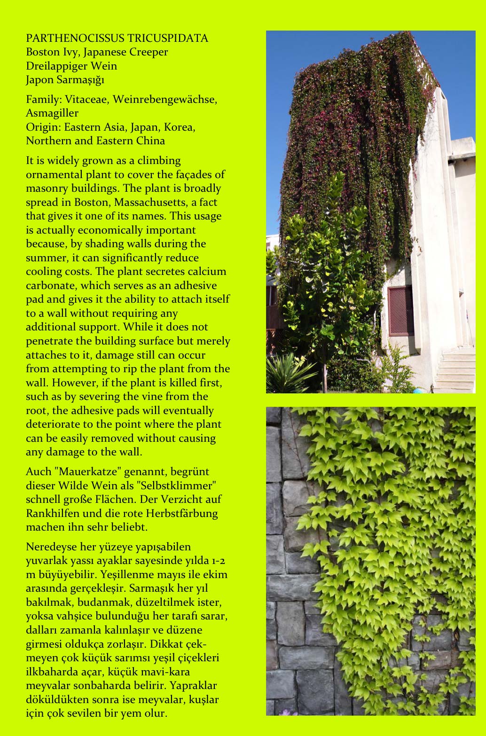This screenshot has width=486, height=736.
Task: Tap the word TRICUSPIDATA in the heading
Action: point(167,39)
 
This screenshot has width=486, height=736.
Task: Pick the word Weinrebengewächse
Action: point(165,100)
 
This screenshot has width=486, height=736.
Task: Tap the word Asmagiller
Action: point(52,113)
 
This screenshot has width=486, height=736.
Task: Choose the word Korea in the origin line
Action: point(179,127)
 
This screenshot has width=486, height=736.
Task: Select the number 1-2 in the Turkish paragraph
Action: point(218,561)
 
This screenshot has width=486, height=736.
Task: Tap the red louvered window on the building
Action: point(400,311)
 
